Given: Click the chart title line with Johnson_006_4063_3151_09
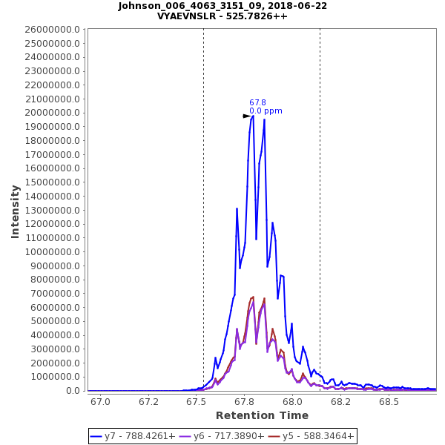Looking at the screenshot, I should (222, 6).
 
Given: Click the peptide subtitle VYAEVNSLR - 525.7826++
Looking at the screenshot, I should (222, 16).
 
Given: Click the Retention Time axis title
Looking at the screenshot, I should (263, 415).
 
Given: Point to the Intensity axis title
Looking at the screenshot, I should (15, 211).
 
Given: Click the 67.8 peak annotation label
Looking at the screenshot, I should (257, 103).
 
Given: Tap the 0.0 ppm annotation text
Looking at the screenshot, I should (266, 111).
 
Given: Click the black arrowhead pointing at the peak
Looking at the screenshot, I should (247, 116).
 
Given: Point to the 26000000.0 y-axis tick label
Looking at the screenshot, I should (50, 29).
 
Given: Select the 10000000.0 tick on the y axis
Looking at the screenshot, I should (50, 251).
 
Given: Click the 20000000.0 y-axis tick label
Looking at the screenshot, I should (50, 113).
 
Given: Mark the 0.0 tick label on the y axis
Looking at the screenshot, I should (75, 391).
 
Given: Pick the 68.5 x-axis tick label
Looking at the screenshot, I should (389, 401).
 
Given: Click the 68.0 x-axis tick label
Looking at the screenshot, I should (293, 401).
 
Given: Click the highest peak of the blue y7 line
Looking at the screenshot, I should (253, 116).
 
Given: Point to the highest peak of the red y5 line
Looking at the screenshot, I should (253, 297).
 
